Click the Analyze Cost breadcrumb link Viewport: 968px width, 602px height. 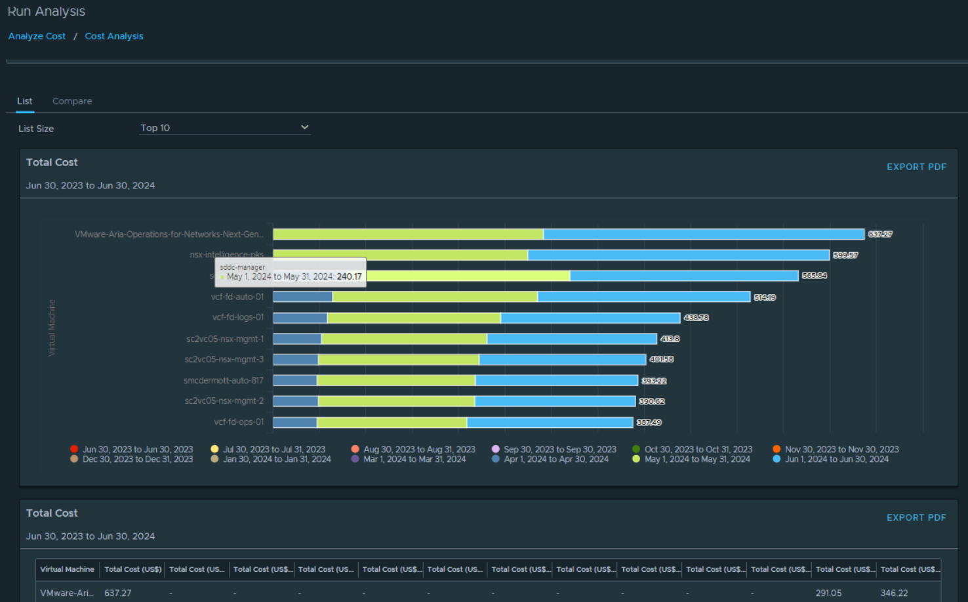37,36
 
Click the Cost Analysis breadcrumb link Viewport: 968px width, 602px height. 113,36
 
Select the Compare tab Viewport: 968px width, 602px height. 72,101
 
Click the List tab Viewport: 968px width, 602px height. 24,101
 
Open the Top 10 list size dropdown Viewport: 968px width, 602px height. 224,128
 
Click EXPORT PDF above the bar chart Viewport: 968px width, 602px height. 916,167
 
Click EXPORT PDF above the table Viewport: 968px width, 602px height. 916,517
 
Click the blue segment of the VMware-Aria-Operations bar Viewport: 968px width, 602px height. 703,234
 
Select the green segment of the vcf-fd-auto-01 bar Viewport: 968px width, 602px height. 434,297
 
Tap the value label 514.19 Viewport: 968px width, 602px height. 765,297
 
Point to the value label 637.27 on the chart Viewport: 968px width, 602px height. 880,234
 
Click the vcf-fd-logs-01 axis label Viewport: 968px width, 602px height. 238,318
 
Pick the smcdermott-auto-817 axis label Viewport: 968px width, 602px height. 224,381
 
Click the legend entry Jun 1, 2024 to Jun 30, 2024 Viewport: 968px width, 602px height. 836,460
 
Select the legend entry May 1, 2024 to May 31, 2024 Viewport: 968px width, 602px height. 696,460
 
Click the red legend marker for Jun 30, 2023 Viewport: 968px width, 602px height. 74,450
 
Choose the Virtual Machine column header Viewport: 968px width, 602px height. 67,569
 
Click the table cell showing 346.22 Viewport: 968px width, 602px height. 894,593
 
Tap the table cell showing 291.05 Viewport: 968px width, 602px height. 828,593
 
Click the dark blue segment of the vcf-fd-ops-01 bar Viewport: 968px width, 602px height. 294,423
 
